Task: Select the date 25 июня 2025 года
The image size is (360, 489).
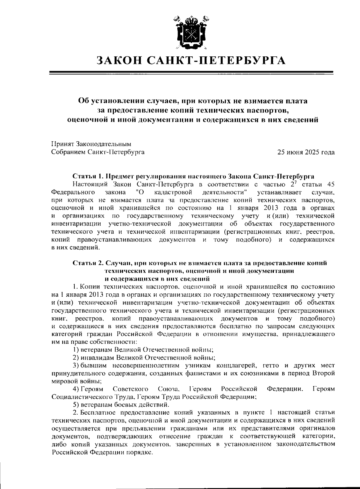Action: click(x=306, y=152)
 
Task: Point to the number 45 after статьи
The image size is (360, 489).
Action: click(x=330, y=184)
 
